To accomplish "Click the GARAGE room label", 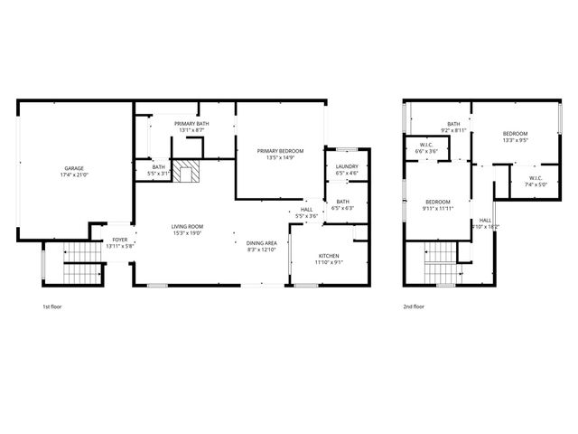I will (74, 168).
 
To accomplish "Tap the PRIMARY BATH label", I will (191, 123).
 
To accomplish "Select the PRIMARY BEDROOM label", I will (280, 150).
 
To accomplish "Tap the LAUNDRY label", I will (347, 167).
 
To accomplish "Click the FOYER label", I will (120, 240).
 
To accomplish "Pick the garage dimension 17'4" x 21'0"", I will (74, 175).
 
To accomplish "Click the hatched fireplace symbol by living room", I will (187, 171).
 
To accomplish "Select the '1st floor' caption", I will (53, 307).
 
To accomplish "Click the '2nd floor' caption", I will (415, 307).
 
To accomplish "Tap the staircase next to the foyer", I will (80, 264).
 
